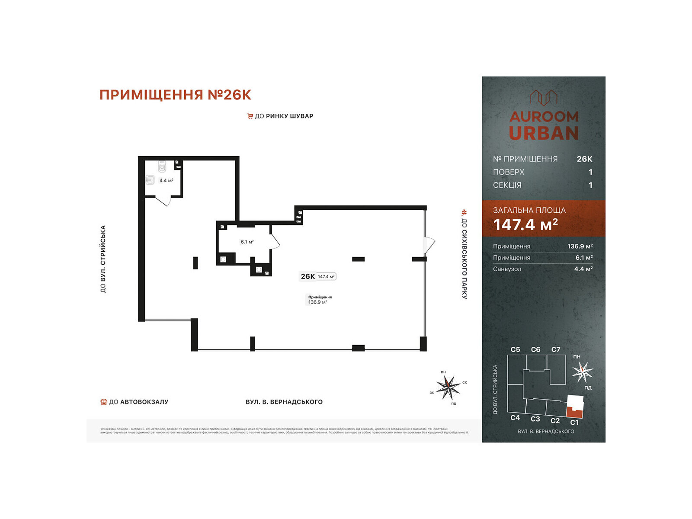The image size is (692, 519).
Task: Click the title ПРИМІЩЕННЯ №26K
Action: tap(175, 95)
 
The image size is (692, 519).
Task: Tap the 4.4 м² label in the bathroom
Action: tap(166, 180)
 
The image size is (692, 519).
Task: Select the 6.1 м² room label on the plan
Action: tap(247, 242)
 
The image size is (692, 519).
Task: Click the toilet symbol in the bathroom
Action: tap(162, 167)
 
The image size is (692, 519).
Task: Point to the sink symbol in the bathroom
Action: tap(150, 179)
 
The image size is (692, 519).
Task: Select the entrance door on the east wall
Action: tap(429, 244)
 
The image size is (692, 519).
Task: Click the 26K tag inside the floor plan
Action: tap(308, 276)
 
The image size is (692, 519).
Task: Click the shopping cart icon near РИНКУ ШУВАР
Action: tap(250, 116)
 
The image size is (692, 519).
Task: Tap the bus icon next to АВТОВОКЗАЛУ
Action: tap(103, 402)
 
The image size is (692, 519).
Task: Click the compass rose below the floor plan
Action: tap(448, 387)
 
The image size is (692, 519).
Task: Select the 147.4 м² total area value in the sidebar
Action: tap(525, 225)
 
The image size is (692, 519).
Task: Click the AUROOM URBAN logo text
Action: tap(544, 125)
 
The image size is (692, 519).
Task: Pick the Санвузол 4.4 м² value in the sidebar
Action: tap(583, 269)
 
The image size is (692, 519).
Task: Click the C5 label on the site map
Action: tap(515, 349)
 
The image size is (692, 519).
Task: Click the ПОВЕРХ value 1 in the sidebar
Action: tap(590, 172)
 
